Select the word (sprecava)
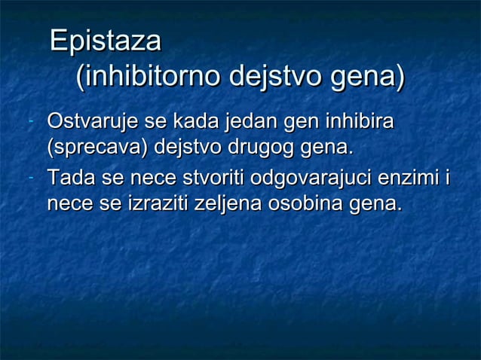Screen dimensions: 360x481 tap(97, 147)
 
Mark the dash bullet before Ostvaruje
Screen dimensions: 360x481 tap(28, 121)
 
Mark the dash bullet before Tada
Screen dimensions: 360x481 tap(28, 180)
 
